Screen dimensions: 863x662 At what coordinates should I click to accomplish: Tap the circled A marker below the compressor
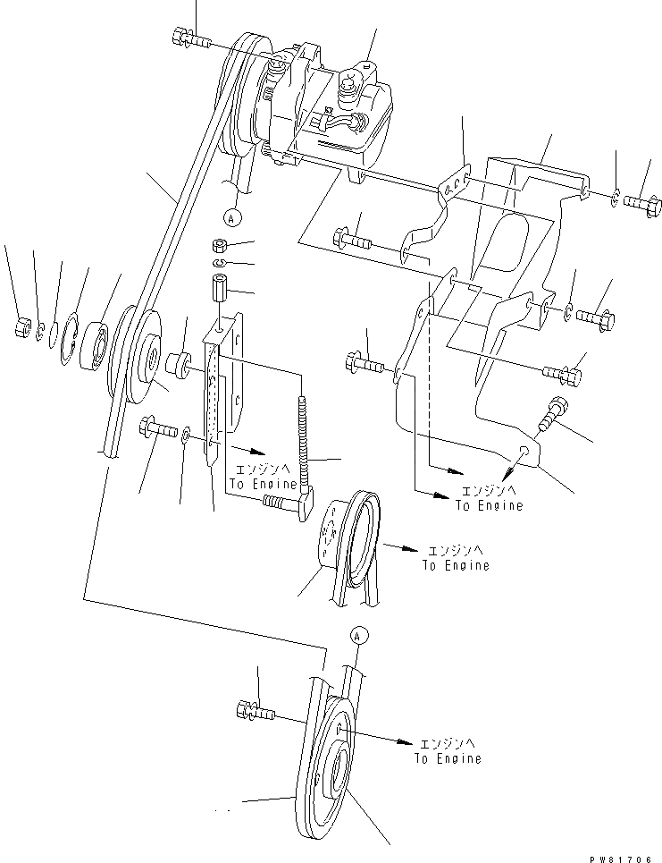coord(232,216)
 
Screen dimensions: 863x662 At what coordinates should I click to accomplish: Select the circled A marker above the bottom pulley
coord(359,636)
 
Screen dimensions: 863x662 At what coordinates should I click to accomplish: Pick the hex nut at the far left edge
coord(22,328)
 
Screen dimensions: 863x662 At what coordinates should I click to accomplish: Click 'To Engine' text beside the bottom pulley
coord(447,758)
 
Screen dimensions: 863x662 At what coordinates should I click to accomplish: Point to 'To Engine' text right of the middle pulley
coord(456,565)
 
